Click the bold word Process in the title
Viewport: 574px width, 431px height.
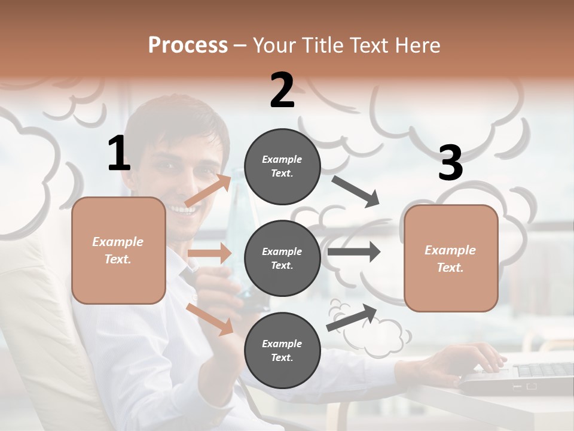tap(188, 45)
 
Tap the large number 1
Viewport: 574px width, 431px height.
tap(118, 153)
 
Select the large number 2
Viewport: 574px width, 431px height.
tap(282, 90)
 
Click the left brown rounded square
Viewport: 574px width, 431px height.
tap(118, 250)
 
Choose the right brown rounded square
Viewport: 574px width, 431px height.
tap(451, 258)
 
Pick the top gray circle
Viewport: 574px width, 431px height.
tap(282, 166)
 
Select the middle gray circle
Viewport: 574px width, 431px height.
tap(282, 258)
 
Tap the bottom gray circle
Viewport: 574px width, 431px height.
tap(282, 350)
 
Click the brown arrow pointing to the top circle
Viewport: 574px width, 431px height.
tap(208, 191)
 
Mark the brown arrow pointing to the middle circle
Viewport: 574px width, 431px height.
tap(209, 253)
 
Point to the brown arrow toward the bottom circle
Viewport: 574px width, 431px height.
tap(210, 319)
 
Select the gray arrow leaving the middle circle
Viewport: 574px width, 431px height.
tap(353, 251)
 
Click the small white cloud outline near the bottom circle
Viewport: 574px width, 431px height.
tap(377, 337)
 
